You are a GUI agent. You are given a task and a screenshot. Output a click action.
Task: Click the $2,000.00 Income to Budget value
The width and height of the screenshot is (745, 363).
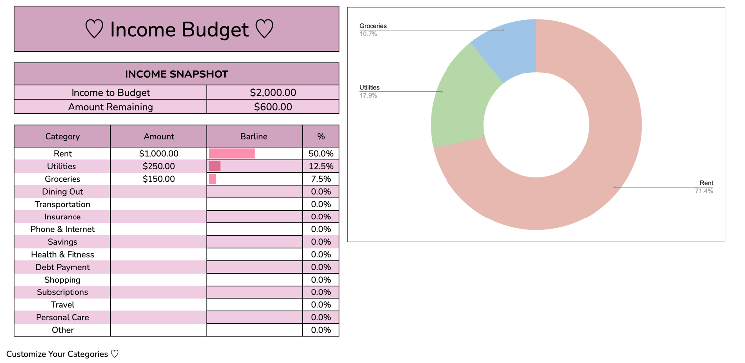pos(273,93)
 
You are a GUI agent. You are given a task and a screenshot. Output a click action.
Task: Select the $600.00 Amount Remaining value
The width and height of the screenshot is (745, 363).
pos(273,107)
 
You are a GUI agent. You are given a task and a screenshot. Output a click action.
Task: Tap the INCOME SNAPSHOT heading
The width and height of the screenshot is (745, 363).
pos(177,74)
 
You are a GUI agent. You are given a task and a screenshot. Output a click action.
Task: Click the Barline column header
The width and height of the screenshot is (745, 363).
pos(254,136)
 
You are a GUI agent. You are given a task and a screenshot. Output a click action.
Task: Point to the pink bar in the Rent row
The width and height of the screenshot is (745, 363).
pos(231,153)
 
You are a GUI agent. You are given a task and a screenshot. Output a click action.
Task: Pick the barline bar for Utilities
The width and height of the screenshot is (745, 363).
pos(214,166)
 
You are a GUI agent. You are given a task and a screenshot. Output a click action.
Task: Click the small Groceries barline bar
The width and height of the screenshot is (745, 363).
pos(212,179)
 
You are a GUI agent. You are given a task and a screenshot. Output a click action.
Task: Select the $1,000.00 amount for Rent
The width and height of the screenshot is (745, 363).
pos(158,154)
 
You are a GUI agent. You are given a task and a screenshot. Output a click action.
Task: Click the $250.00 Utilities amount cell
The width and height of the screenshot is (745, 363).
pos(158,166)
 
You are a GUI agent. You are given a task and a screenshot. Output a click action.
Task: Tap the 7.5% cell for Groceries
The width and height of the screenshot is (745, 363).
pos(321,179)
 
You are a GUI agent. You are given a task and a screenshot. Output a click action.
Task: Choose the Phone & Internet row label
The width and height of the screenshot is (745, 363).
pos(63,229)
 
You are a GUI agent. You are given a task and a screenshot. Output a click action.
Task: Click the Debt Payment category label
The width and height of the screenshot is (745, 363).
pos(63,267)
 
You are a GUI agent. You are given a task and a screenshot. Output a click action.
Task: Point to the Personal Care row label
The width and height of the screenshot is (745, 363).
pos(63,317)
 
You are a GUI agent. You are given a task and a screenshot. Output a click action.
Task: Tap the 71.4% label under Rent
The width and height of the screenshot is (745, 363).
pos(704,191)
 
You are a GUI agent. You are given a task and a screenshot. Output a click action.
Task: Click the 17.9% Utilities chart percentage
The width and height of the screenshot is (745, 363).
pos(368,96)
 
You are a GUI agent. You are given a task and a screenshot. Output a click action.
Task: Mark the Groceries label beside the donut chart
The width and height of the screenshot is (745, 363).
pos(373,26)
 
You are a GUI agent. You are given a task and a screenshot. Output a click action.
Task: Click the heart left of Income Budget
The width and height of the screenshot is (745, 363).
pos(94,29)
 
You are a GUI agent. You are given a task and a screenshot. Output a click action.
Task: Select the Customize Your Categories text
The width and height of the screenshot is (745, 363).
pos(57,354)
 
